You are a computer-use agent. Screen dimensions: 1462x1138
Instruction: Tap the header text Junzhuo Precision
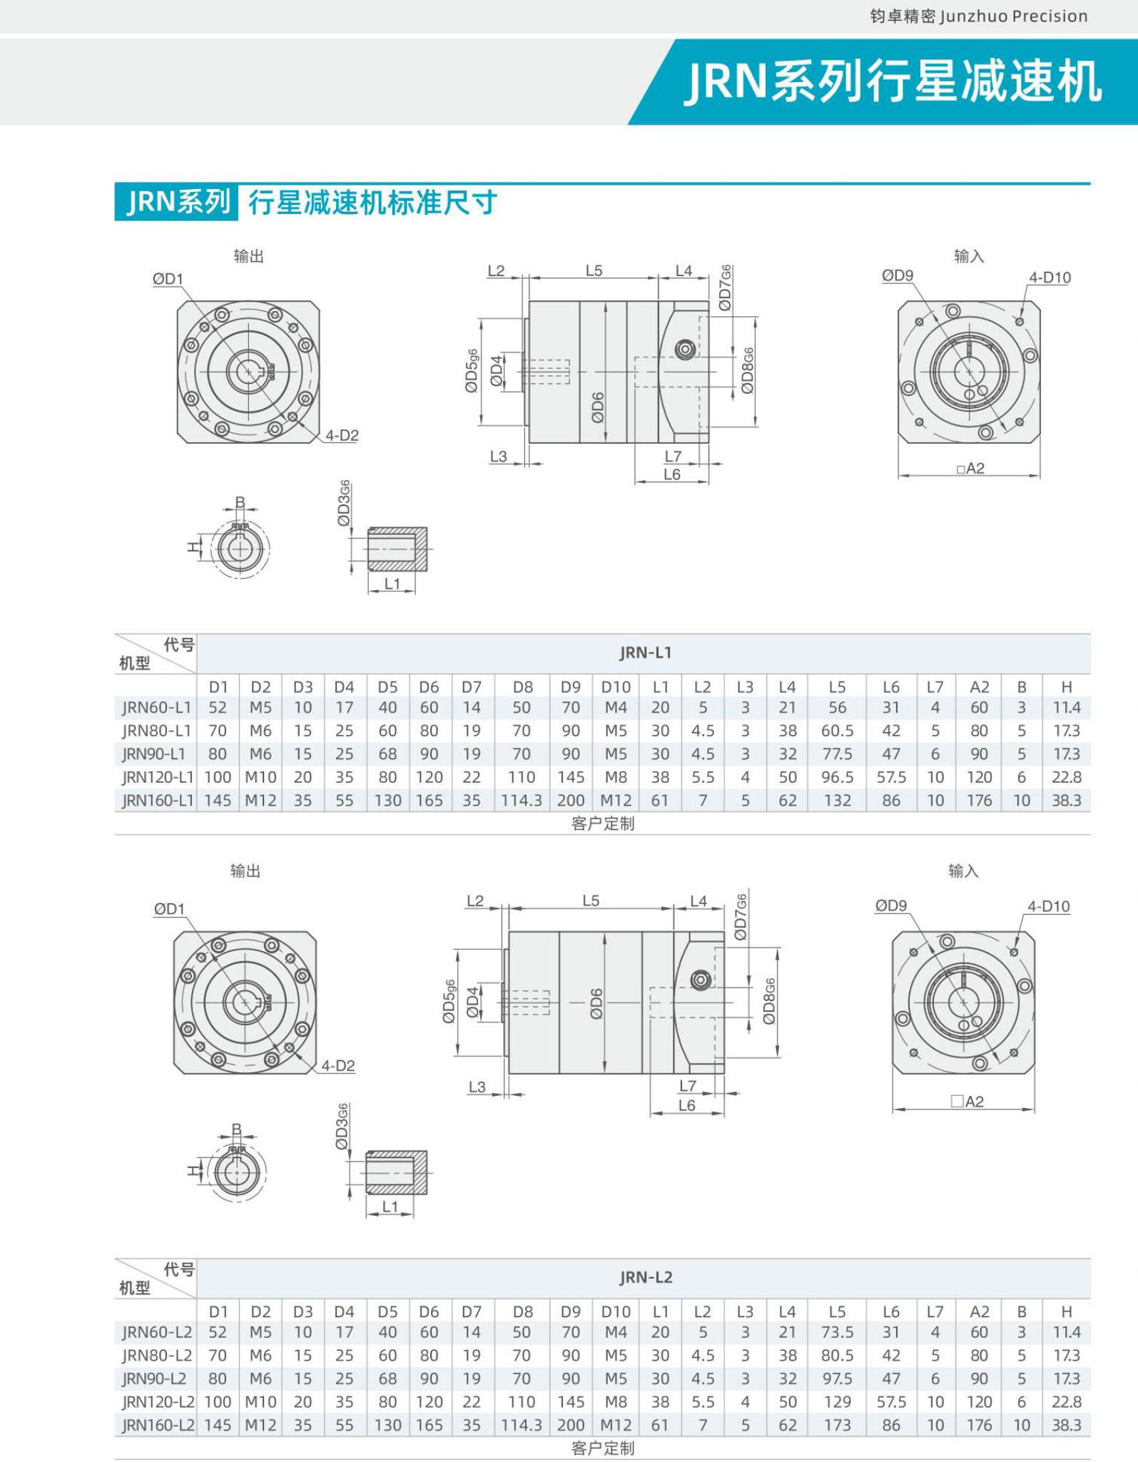1013,16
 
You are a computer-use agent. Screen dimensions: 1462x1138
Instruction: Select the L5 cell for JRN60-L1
836,708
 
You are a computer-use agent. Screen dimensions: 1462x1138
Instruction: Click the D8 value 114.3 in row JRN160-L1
522,801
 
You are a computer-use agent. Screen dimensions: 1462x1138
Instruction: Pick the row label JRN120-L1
157,777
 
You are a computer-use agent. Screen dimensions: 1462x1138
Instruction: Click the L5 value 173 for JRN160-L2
836,1425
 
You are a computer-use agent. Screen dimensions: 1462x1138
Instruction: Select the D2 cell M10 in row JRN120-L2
260,1402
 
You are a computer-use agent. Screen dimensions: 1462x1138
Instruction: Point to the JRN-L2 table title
645,1277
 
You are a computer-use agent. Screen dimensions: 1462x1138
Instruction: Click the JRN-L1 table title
645,652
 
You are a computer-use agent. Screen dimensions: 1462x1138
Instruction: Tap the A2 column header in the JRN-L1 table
979,686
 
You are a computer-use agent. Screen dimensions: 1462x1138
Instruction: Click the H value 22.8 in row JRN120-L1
1066,777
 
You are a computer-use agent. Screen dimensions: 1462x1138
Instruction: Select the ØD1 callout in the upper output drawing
168,279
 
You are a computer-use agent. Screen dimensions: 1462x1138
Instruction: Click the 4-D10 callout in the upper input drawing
1049,278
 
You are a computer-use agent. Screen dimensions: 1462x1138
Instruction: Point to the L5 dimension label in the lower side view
591,900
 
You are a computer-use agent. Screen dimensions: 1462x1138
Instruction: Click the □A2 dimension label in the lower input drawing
967,1101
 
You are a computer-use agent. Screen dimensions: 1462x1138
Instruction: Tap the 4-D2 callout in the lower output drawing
337,1065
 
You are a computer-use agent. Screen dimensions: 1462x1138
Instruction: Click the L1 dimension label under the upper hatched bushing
392,584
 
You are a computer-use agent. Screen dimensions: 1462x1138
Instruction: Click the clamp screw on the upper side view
686,350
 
